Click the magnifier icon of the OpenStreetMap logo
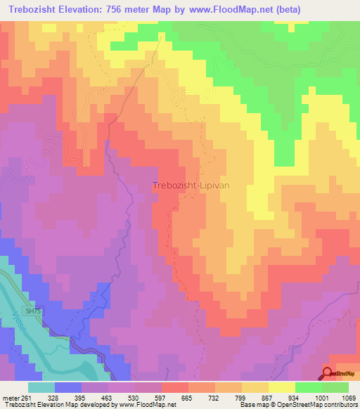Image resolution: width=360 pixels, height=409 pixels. [x=328, y=373]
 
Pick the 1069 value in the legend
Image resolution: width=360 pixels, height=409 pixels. [x=348, y=397]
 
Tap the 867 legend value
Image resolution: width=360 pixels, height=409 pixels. [x=254, y=397]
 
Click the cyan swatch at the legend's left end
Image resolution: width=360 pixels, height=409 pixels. [x=41, y=387]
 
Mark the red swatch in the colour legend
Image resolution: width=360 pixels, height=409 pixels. [x=175, y=387]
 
